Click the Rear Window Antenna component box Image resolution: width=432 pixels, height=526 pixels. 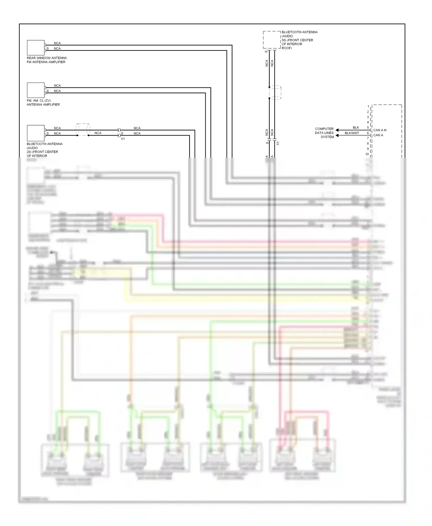point(36,48)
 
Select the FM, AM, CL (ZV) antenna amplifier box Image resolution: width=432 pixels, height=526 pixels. point(36,90)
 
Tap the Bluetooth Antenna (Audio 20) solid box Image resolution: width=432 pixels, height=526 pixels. point(36,133)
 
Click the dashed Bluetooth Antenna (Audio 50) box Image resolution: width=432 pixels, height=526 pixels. point(272,40)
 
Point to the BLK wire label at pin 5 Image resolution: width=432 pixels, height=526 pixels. point(356,127)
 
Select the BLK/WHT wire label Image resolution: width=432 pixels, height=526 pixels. point(352,133)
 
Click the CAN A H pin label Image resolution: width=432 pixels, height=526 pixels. point(380,130)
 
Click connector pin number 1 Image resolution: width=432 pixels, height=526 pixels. point(368,106)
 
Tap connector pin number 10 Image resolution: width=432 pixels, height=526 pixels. point(367,154)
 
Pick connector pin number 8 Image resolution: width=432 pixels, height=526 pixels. point(368,144)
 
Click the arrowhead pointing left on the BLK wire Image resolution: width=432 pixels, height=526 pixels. point(337,130)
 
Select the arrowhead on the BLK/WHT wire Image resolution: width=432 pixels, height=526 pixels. point(337,135)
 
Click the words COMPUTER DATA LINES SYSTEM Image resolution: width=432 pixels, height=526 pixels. point(324,133)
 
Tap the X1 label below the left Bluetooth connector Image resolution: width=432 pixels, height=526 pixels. point(123,139)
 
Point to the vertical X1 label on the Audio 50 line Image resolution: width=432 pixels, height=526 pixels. point(278,143)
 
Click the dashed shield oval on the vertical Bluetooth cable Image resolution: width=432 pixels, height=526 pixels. point(275,93)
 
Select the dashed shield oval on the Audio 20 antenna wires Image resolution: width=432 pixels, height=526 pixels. point(83,130)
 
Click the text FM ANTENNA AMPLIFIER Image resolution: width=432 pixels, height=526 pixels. point(46,62)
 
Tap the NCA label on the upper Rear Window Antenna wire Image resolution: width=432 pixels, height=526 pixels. point(57,43)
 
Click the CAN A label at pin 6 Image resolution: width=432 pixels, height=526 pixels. point(378,135)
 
